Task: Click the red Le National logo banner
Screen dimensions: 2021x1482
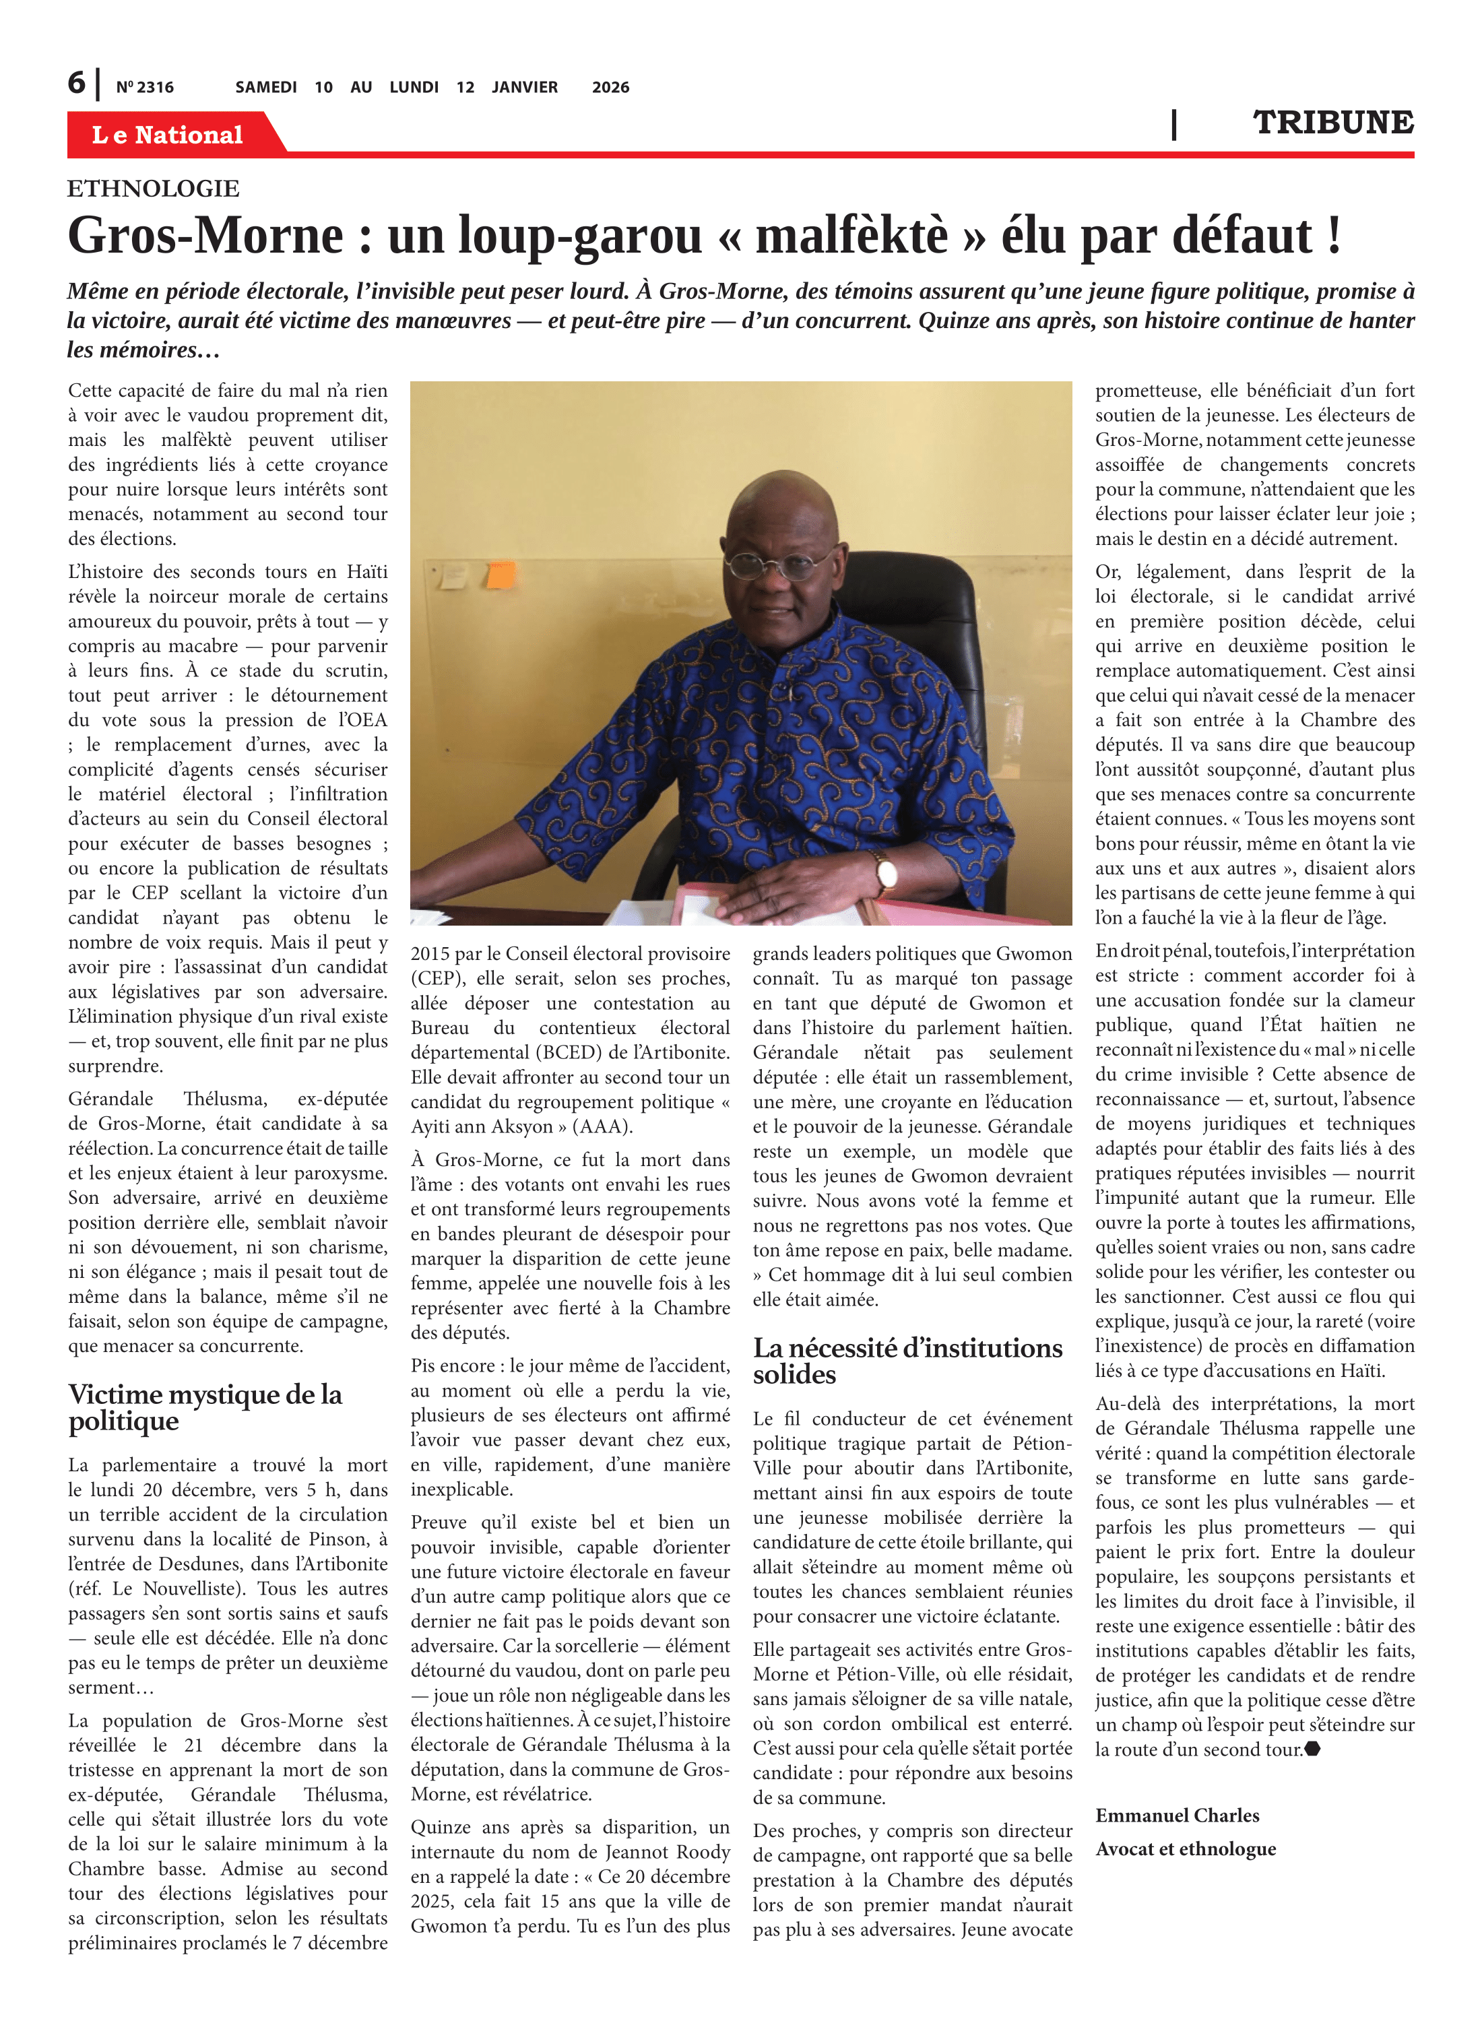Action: pos(168,135)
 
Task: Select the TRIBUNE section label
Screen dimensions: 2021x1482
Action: pos(1332,123)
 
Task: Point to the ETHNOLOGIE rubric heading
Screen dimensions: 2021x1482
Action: pos(154,189)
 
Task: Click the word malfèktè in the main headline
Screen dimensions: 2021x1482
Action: pos(851,236)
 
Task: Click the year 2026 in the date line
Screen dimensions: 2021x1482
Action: pos(610,87)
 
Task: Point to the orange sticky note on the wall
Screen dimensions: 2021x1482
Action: pos(501,575)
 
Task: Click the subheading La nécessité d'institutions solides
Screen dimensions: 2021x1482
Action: pos(907,1360)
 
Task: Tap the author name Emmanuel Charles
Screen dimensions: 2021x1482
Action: pos(1176,1815)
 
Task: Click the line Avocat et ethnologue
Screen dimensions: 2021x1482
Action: pos(1184,1848)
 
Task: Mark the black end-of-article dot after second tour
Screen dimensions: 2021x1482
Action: pos(1312,1748)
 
